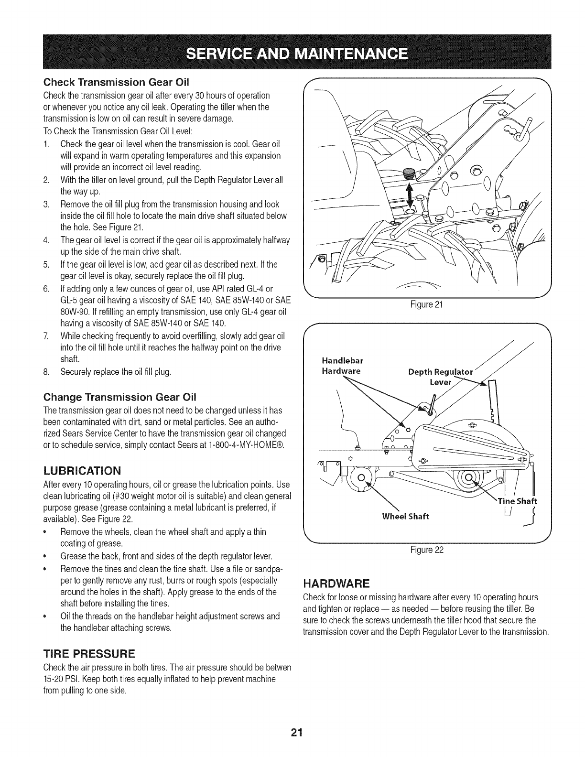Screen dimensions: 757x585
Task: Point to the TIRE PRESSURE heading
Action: (89, 653)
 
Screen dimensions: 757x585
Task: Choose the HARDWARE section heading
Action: (336, 584)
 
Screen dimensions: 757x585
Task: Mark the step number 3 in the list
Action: (46, 205)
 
